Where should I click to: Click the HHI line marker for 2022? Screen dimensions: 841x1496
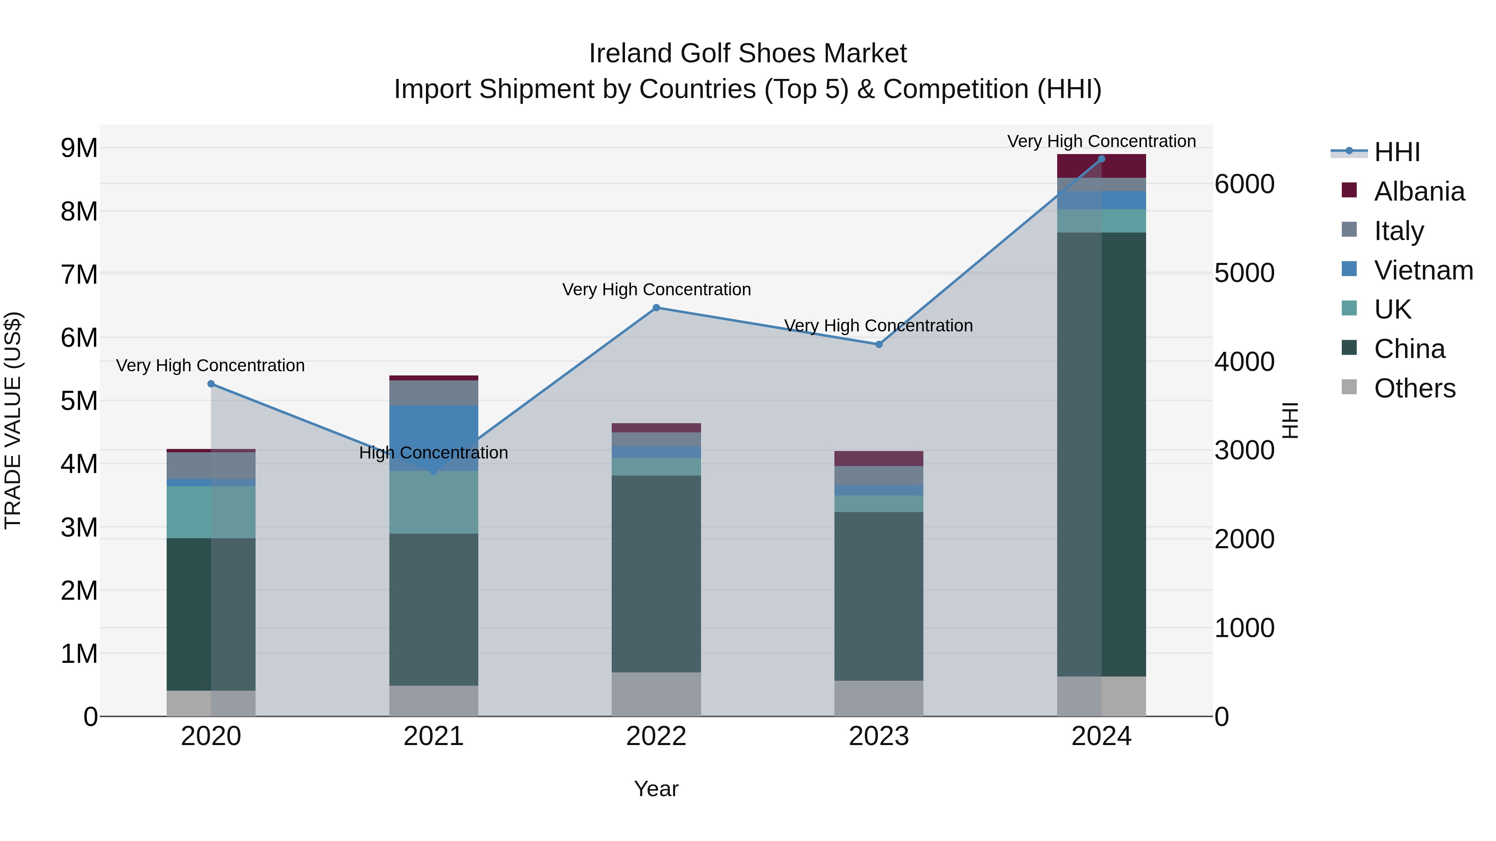point(656,308)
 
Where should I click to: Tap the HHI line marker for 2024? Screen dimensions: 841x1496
point(1101,159)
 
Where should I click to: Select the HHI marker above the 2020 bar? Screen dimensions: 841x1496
point(211,384)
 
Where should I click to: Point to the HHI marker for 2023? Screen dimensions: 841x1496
point(878,344)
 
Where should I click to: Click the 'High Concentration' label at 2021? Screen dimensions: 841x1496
point(433,453)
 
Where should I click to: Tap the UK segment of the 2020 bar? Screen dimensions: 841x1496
point(211,512)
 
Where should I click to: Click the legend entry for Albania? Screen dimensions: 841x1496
point(1419,191)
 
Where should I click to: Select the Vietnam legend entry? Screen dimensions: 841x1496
point(1423,270)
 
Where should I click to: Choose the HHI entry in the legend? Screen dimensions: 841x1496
point(1397,152)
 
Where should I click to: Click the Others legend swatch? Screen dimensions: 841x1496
point(1349,387)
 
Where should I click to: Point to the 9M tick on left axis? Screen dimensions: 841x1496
point(79,148)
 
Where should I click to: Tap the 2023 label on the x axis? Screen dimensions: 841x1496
point(878,736)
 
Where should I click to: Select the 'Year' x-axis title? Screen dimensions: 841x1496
point(656,789)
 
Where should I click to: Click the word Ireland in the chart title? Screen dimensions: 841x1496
point(631,54)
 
